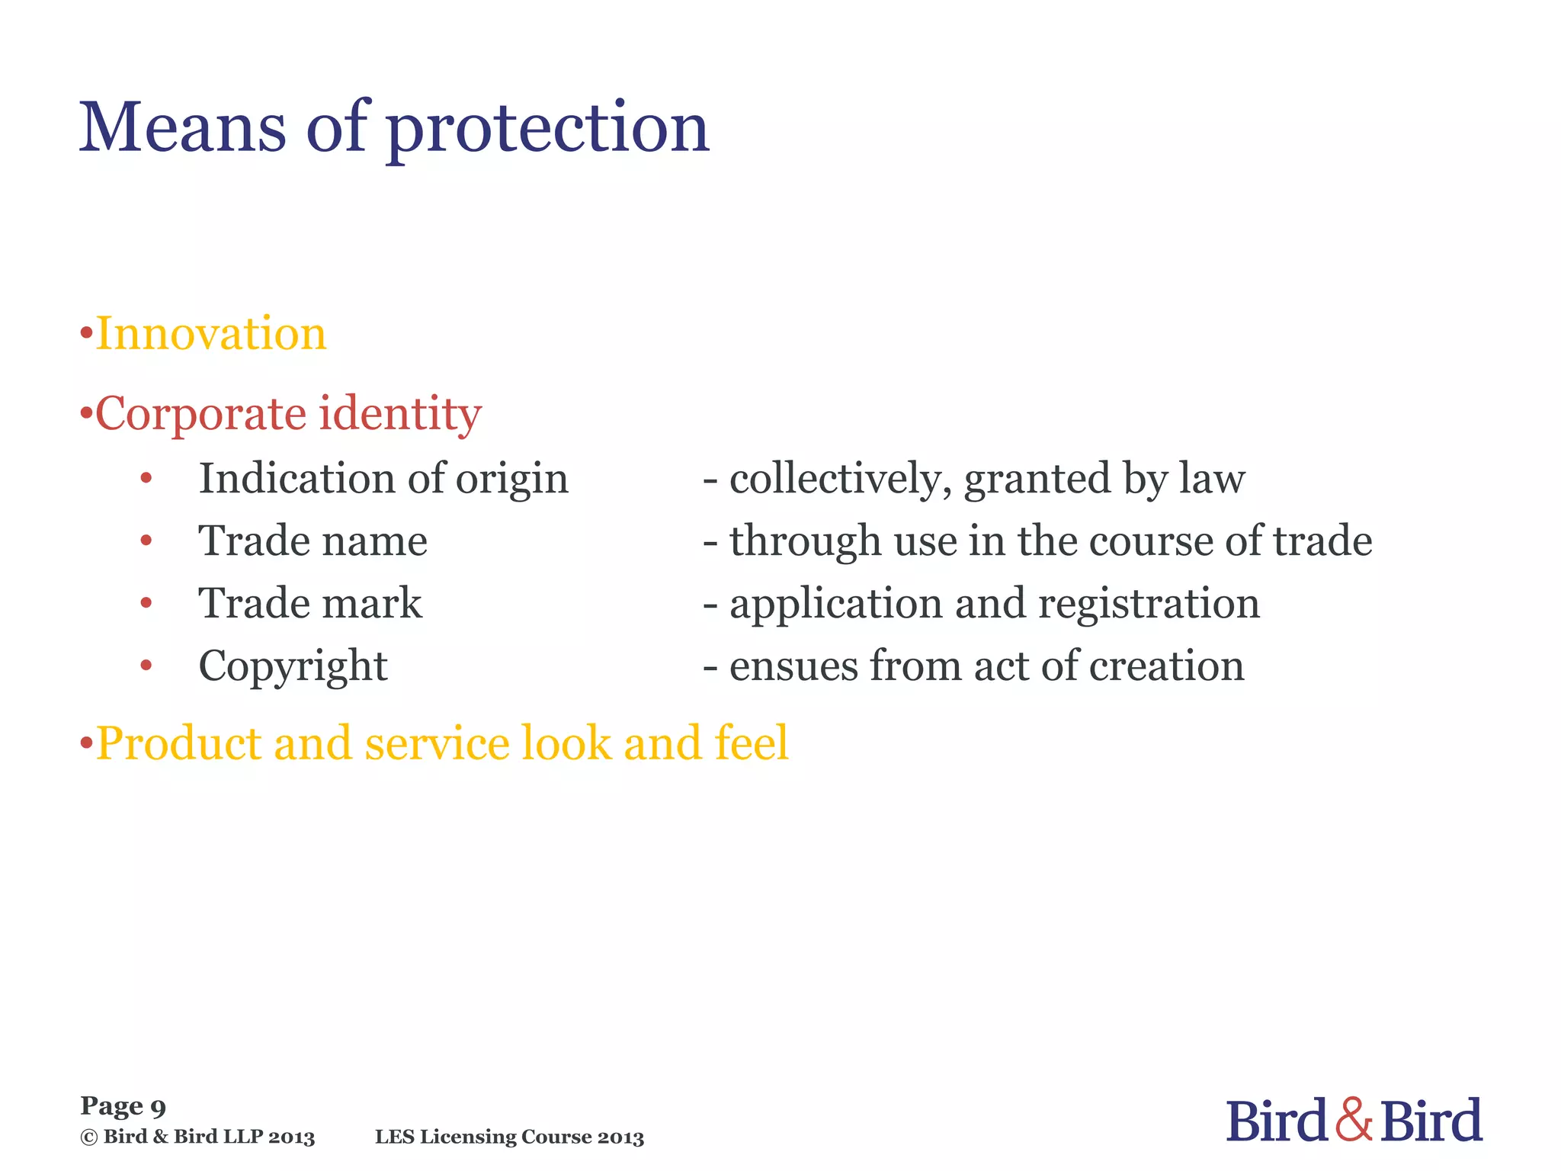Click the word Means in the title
(x=183, y=127)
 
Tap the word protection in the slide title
(x=548, y=130)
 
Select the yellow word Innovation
(x=211, y=334)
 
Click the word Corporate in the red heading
(x=200, y=415)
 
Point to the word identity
(x=400, y=415)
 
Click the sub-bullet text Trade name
(x=313, y=541)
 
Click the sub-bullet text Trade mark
(x=309, y=604)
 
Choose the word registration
(x=1149, y=605)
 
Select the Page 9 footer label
(x=123, y=1106)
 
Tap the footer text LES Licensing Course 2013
(x=509, y=1137)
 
